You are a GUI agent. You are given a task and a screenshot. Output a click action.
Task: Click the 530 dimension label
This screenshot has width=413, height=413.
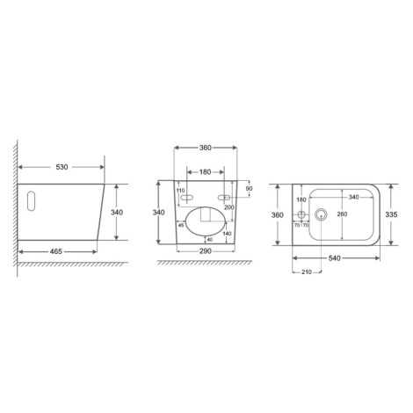pyautogui.click(x=62, y=167)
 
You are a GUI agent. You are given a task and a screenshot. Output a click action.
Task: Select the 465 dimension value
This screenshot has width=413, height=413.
pyautogui.click(x=56, y=251)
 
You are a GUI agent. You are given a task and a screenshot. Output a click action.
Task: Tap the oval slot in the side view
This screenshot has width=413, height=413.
pyautogui.click(x=31, y=201)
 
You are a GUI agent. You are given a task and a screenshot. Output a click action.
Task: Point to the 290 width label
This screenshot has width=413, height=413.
pyautogui.click(x=205, y=251)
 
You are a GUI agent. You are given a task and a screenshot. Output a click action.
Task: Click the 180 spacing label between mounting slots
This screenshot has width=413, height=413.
pyautogui.click(x=205, y=172)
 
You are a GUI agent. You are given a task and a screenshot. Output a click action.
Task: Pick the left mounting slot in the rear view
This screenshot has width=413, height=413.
pyautogui.click(x=187, y=198)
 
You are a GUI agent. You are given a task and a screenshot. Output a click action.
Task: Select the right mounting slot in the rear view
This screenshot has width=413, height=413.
pyautogui.click(x=224, y=198)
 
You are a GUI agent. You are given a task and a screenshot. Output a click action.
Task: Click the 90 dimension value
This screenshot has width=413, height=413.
pyautogui.click(x=249, y=189)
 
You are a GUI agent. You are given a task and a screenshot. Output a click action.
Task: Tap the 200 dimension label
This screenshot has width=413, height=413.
pyautogui.click(x=229, y=207)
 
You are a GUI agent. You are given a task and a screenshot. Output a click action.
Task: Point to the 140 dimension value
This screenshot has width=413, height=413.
pyautogui.click(x=227, y=234)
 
